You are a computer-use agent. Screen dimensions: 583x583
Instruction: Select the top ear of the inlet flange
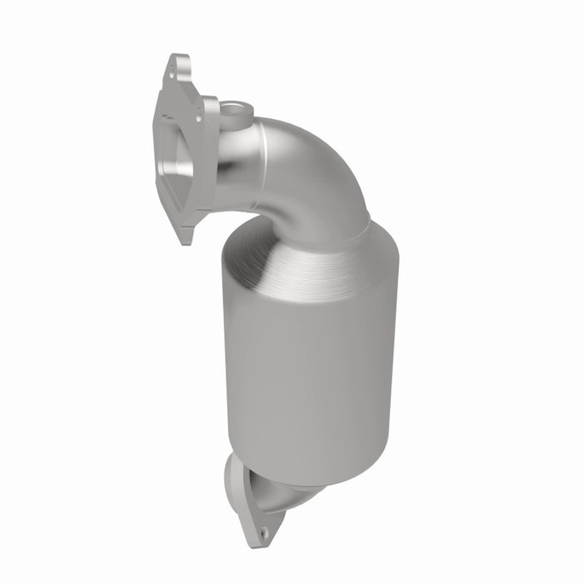tap(177, 67)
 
